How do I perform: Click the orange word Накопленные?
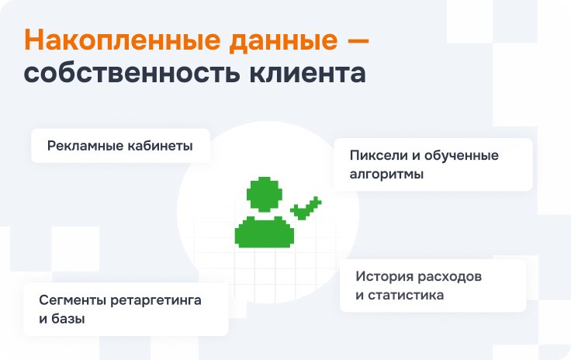pos(123,40)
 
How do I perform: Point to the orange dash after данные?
pos(358,40)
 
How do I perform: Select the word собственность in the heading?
pos(132,72)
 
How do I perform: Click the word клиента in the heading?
pos(308,73)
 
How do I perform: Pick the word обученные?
pos(462,156)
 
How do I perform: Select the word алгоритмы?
pos(386,175)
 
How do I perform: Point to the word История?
pos(384,276)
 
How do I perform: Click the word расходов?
pos(449,277)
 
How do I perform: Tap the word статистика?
pos(406,295)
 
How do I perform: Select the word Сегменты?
pos(72,301)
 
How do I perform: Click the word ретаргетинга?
pos(155,301)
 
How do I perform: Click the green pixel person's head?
pos(265,195)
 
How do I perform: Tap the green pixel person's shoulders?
pos(265,232)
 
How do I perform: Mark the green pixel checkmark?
pos(306,208)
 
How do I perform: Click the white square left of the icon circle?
pos(75,248)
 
